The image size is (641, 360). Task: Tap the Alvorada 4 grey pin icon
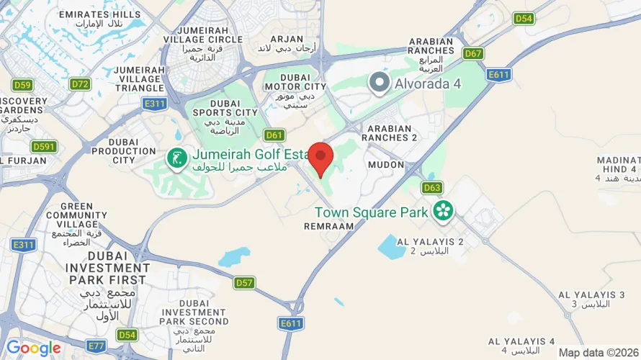379,83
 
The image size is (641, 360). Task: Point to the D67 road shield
473,53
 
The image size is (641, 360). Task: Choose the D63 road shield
432,188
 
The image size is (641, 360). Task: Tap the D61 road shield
274,135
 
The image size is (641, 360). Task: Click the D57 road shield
244,283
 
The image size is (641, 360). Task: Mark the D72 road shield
81,84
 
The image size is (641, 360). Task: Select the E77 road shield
96,346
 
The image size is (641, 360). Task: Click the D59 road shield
22,85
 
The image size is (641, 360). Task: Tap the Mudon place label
380,165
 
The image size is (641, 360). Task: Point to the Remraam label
330,225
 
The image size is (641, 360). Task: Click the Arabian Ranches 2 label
390,137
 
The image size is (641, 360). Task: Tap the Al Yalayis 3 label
591,294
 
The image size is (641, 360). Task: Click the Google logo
33,348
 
